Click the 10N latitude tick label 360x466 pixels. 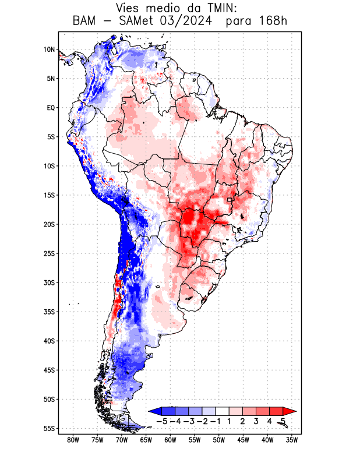click(x=49, y=50)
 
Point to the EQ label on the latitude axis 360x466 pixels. click(x=51, y=108)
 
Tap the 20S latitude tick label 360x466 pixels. click(x=49, y=224)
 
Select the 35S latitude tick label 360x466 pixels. click(x=49, y=312)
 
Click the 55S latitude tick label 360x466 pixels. click(x=49, y=428)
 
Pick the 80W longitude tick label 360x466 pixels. click(x=73, y=440)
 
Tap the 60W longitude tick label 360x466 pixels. click(x=171, y=440)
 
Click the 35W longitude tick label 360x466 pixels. click(x=292, y=440)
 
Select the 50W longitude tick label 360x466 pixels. click(x=219, y=440)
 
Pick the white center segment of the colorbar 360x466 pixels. click(x=222, y=411)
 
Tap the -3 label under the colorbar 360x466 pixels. click(x=188, y=421)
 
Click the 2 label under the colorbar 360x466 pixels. click(x=242, y=421)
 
